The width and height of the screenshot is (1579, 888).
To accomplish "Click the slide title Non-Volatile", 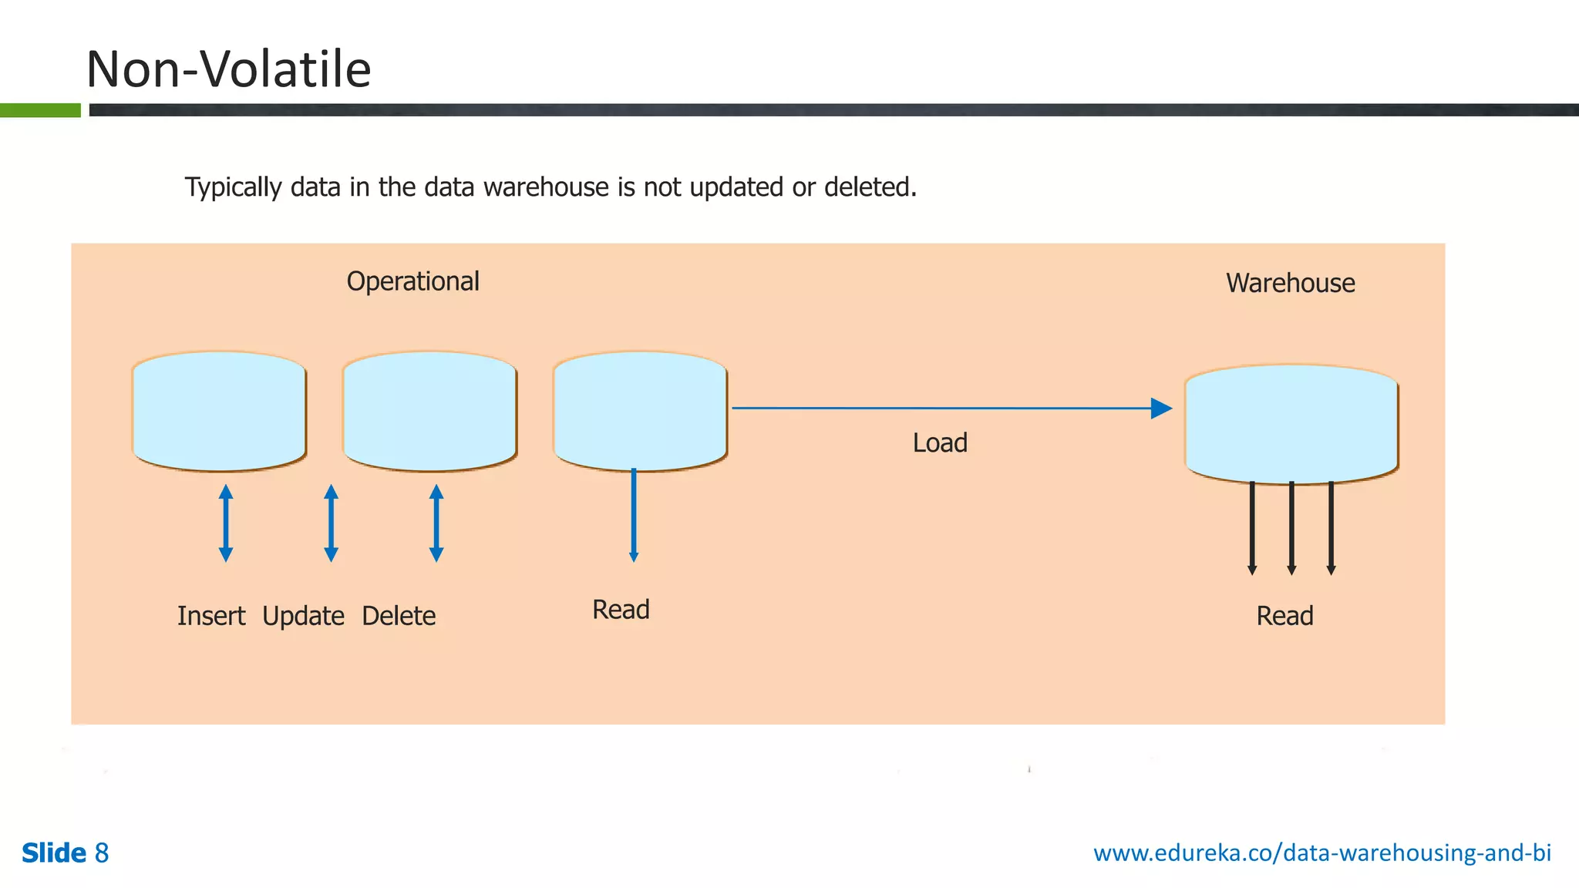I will coord(228,69).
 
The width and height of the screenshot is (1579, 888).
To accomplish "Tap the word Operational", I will coord(412,282).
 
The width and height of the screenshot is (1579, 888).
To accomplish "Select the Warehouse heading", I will coord(1290,284).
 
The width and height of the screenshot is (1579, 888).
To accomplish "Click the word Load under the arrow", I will coord(939,443).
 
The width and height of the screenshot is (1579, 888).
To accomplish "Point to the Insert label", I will coord(210,617).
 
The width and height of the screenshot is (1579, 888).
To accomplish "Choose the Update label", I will coord(303,617).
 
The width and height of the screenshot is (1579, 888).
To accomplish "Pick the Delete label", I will coord(399,617).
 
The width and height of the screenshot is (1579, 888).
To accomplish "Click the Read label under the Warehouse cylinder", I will coord(1284,617).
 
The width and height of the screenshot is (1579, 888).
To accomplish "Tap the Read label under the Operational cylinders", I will coord(621,610).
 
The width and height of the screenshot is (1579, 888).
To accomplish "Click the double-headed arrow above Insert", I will coord(226,523).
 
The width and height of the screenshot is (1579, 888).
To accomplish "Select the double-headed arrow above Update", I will coord(331,523).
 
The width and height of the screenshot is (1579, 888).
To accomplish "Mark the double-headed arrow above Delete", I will coord(436,523).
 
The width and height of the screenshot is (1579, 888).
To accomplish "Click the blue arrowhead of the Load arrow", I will coord(1161,409).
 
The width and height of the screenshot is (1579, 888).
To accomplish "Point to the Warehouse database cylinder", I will coord(1291,424).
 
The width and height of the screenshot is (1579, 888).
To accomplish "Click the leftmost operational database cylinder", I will coord(220,411).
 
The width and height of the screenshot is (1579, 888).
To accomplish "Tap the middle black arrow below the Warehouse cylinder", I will coord(1291,529).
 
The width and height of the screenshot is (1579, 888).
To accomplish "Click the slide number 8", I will coord(102,853).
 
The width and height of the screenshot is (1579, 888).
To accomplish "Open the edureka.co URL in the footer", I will coord(1321,853).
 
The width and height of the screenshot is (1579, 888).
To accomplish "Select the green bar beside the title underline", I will coord(40,110).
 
